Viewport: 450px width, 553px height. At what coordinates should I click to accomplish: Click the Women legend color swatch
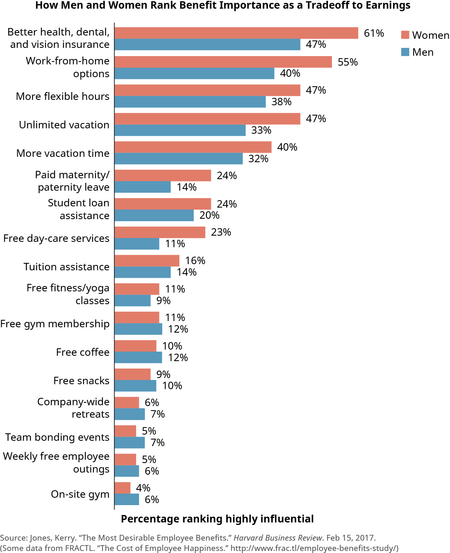pos(405,35)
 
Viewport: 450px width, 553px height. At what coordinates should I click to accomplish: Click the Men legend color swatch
pos(405,52)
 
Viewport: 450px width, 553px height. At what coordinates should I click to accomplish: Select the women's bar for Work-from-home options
pos(223,62)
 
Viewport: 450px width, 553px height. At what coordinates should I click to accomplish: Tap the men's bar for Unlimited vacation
pos(180,130)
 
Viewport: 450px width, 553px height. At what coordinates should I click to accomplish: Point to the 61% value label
pos(374,33)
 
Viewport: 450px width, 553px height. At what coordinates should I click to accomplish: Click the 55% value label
pos(348,62)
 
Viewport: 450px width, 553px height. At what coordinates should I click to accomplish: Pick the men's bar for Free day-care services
pos(137,244)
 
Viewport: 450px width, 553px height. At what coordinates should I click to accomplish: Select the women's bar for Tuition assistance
pos(147,261)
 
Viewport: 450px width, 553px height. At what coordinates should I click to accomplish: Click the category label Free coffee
pos(83,352)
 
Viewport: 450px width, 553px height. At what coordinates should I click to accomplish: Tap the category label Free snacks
pos(81,380)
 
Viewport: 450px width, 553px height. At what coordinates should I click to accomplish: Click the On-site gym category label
pos(80,494)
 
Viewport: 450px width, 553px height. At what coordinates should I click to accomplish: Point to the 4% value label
pos(143,488)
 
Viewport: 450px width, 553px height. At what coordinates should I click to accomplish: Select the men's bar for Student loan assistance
pos(154,215)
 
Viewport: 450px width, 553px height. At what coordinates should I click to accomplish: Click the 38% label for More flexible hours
pos(281,102)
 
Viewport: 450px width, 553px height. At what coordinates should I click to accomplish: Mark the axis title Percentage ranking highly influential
pos(217,519)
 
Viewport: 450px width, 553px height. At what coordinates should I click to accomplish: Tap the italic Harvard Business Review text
pos(277,538)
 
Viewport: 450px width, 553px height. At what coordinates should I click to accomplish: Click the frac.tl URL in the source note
pos(314,548)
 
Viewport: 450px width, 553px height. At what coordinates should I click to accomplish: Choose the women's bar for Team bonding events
pos(125,431)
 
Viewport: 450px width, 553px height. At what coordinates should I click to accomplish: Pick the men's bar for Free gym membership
pos(138,329)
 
